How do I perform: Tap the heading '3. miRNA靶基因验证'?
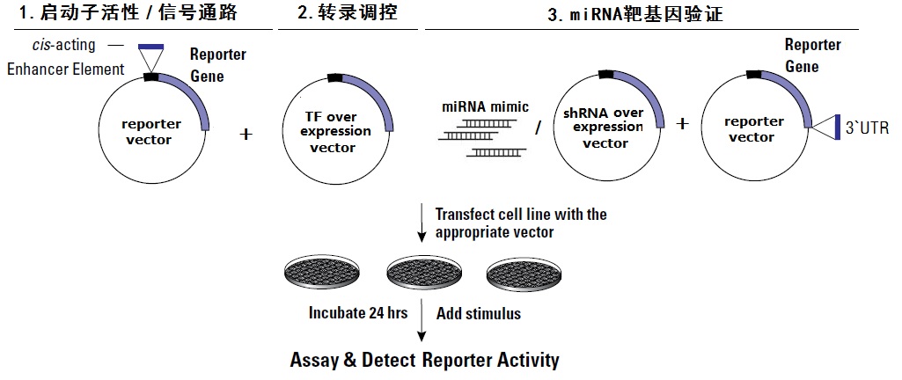(x=636, y=13)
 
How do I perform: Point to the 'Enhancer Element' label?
(x=65, y=69)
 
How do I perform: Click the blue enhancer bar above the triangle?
(x=151, y=46)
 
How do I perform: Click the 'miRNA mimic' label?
(x=486, y=107)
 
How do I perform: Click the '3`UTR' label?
(x=867, y=129)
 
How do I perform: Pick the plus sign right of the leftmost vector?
(x=246, y=135)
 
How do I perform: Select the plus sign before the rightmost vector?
(x=681, y=123)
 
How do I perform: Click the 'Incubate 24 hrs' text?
(x=357, y=312)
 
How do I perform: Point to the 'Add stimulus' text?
(x=478, y=312)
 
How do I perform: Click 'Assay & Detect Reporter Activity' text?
(x=424, y=360)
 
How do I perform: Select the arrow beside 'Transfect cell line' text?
(x=422, y=223)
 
